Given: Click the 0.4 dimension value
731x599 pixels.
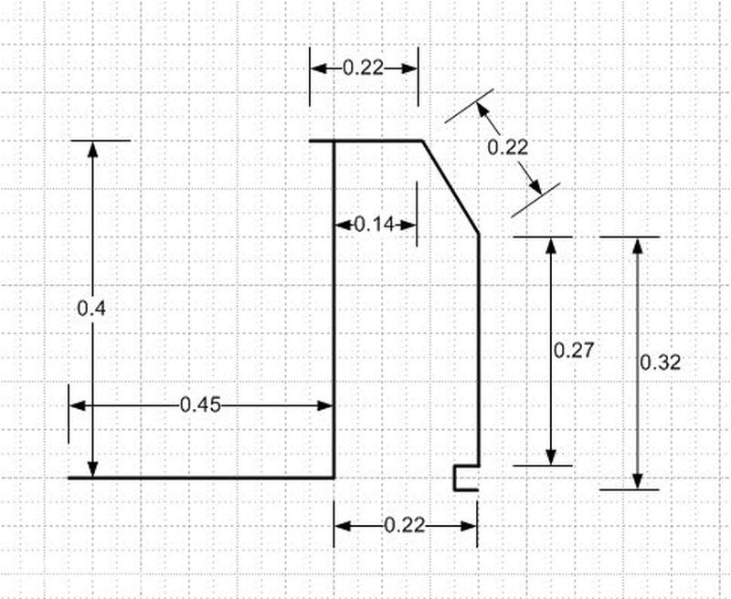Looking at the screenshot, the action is click(x=91, y=309).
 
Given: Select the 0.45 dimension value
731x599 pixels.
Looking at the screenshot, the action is click(x=200, y=405).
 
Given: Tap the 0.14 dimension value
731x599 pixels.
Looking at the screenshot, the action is click(x=375, y=225).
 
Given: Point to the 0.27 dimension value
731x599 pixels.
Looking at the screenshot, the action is click(x=574, y=351).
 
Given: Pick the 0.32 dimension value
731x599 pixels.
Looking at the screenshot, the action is click(x=660, y=363).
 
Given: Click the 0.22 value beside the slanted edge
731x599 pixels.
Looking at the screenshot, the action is click(x=508, y=148).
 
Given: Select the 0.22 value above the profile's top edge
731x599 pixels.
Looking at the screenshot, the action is click(x=363, y=68).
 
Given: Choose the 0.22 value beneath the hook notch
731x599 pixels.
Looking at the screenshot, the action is click(x=405, y=526).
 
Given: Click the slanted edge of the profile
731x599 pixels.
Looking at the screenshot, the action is click(x=450, y=187).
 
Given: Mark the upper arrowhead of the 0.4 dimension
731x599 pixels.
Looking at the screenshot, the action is click(x=93, y=150).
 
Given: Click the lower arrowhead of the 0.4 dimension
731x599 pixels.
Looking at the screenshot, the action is click(x=93, y=468).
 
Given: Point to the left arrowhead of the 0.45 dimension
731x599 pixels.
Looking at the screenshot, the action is click(x=78, y=405).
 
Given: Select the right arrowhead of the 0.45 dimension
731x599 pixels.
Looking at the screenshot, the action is click(x=325, y=405).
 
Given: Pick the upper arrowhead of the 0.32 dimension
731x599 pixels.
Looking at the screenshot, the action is click(x=638, y=246).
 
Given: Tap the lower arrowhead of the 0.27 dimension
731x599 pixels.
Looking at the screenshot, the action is click(x=551, y=457).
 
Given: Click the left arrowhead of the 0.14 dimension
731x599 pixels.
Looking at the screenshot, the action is click(x=344, y=225).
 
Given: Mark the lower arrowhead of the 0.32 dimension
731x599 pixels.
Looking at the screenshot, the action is click(x=638, y=480).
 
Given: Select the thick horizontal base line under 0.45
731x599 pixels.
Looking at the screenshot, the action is click(x=201, y=478).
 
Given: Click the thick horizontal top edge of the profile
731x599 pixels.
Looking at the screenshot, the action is click(x=366, y=141).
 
